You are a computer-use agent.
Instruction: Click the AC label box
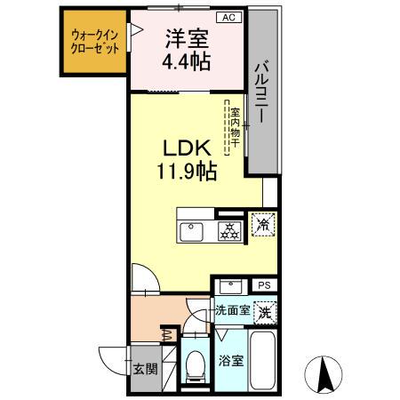click(228, 17)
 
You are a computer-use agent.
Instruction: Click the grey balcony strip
click(263, 92)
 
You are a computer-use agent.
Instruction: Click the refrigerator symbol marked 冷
click(264, 225)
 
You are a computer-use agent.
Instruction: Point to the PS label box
click(263, 285)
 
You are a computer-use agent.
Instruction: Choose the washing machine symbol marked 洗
click(263, 312)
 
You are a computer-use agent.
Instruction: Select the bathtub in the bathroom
click(263, 361)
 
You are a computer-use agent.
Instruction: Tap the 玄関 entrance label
click(143, 370)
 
